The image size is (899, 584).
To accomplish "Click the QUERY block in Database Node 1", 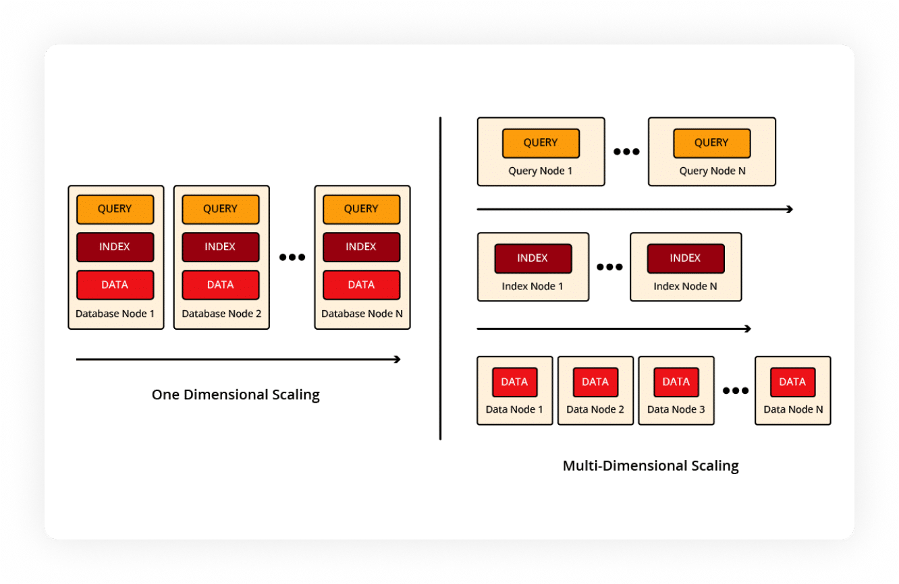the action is [x=115, y=209].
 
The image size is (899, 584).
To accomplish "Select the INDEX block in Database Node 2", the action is [x=221, y=247].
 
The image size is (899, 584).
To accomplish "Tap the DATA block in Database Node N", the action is [x=362, y=285].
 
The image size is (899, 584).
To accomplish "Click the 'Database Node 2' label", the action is [x=221, y=314].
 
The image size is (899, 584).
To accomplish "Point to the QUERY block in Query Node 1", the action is [x=541, y=143].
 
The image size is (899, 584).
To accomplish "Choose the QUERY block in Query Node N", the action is [x=712, y=143].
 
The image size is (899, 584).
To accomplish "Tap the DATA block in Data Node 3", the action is [x=676, y=382].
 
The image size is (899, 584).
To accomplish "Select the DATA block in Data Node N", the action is [x=792, y=382].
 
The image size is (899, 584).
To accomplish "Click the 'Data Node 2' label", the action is [x=595, y=409].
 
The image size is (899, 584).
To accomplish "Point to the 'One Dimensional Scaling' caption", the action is [x=236, y=395].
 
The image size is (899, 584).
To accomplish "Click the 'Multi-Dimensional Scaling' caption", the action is [x=651, y=466].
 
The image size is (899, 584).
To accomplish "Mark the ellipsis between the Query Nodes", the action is [x=626, y=152].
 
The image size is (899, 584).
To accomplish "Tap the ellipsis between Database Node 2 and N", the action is [x=292, y=257].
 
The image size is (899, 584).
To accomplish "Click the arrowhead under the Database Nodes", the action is [x=398, y=359].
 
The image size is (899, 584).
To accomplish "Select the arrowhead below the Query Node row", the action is [x=790, y=209].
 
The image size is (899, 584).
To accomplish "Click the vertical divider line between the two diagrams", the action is [x=440, y=279].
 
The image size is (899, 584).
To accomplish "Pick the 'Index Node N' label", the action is [x=685, y=287].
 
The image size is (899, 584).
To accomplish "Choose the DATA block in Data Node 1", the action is [x=515, y=382].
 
